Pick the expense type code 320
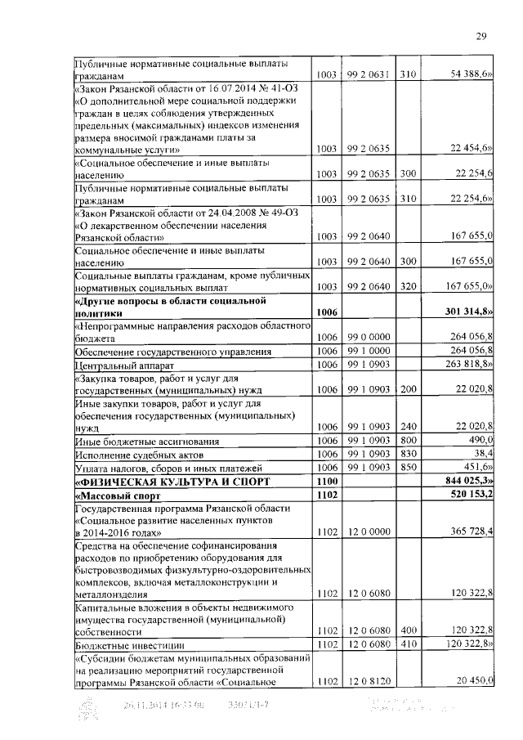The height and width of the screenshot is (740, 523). (x=408, y=286)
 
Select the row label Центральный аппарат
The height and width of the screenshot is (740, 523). (x=114, y=364)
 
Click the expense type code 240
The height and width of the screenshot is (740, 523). (x=408, y=427)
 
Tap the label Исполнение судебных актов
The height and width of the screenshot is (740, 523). (x=139, y=453)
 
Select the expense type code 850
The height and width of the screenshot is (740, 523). (x=408, y=467)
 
